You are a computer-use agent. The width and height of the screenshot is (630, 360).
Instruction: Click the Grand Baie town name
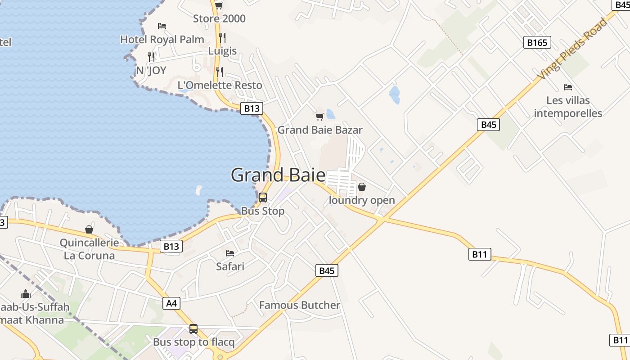click(278, 175)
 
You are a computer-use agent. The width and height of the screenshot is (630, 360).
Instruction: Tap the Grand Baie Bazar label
click(319, 130)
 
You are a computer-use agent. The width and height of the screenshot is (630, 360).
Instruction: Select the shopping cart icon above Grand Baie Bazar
click(319, 117)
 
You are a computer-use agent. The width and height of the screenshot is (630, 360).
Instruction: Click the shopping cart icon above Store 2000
click(219, 5)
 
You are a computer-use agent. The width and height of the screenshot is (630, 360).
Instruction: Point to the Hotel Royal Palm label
click(162, 40)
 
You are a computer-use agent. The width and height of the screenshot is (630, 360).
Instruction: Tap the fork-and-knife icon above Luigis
click(222, 37)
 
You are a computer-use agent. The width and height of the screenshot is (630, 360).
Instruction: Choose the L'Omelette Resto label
click(220, 85)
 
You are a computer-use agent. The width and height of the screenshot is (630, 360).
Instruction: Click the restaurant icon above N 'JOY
click(151, 57)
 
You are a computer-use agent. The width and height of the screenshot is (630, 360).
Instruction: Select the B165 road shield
click(537, 42)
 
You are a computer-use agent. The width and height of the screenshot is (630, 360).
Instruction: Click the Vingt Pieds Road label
click(573, 49)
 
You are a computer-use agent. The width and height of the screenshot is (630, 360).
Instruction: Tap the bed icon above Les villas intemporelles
click(568, 87)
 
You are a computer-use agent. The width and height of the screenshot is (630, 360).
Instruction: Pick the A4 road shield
click(171, 303)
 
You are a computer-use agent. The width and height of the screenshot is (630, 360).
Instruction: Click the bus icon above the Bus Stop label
click(263, 198)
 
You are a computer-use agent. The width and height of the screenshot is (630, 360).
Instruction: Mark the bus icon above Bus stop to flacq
click(193, 329)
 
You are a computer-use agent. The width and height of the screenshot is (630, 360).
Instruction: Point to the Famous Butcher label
click(300, 305)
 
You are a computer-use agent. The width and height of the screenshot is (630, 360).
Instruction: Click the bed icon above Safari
click(230, 253)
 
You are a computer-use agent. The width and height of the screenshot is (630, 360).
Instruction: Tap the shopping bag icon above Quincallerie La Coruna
click(89, 229)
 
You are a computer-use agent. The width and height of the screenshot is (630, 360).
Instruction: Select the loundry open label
click(362, 200)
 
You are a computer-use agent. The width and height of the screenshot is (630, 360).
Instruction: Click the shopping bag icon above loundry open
click(362, 187)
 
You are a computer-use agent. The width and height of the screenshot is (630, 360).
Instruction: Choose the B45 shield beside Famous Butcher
click(327, 270)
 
